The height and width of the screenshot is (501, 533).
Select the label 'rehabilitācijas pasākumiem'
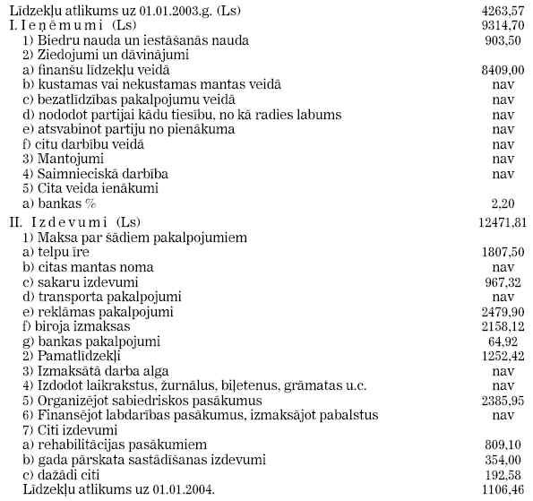coord(113,444)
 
